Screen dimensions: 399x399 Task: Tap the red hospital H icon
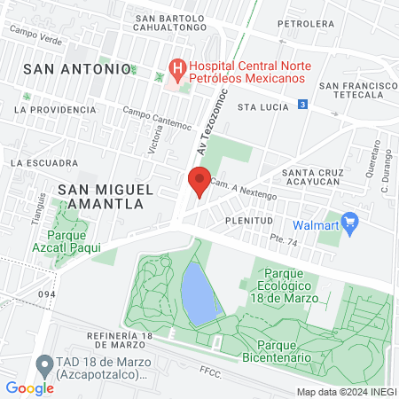177,67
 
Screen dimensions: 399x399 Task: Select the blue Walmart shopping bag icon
349,223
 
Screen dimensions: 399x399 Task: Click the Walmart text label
317,224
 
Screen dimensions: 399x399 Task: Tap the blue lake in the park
199,293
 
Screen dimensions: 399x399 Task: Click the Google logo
29,387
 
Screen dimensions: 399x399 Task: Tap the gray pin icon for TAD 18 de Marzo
43,364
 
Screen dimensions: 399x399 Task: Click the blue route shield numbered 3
303,104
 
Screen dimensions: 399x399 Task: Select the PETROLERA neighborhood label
305,24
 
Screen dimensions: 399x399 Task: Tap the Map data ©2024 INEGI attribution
346,391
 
